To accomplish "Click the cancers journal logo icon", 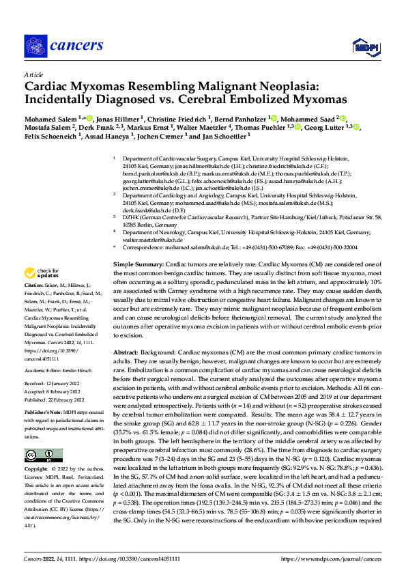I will (35, 45).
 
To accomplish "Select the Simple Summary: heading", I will (138, 244).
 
